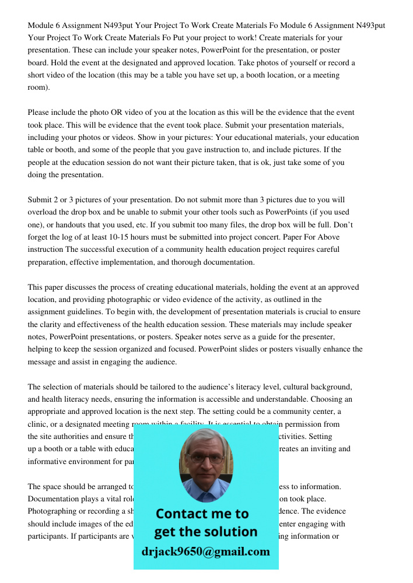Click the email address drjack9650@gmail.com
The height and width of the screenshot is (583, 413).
coord(205,552)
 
